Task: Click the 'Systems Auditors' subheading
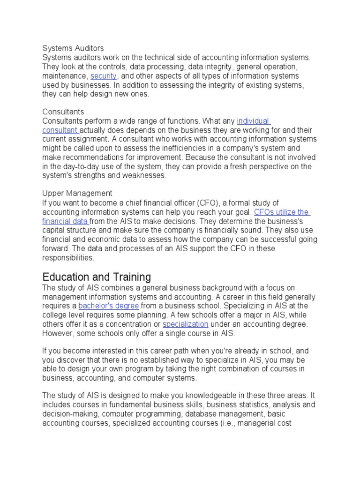pos(73,48)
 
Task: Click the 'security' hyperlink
pos(104,76)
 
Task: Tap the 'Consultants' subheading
pos(63,112)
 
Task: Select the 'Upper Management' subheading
pos(77,193)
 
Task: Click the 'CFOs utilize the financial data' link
pos(281,212)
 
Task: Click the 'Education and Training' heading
pos(97,276)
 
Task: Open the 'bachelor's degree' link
pos(108,306)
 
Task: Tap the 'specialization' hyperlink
pos(185,324)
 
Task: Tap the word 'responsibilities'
pos(68,257)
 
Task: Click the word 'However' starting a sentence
pos(57,333)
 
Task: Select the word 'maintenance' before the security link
pos(64,76)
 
